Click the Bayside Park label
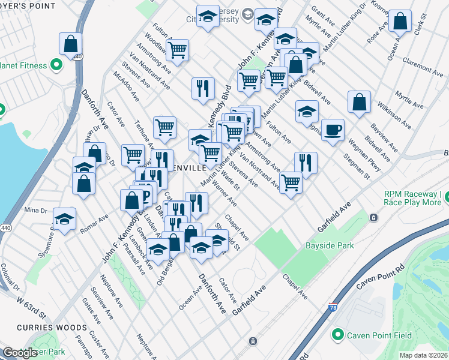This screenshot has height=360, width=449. [330, 245]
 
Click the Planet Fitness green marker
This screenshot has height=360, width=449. [57, 64]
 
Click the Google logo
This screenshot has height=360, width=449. [19, 353]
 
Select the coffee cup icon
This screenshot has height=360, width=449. [333, 129]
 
